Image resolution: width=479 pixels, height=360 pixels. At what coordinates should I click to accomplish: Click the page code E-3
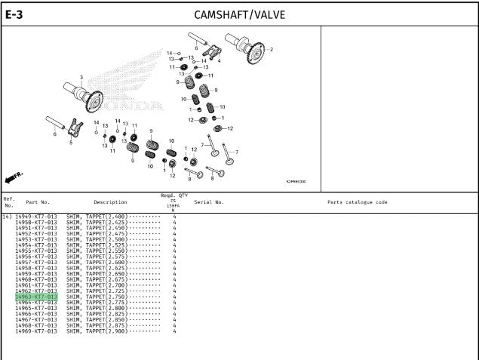pos(16,14)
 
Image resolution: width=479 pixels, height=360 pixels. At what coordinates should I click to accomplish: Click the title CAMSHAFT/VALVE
pos(239,14)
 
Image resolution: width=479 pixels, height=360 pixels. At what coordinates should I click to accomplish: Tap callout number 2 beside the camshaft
pos(272,50)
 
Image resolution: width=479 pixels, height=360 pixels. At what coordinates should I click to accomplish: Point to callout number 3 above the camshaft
pos(82,78)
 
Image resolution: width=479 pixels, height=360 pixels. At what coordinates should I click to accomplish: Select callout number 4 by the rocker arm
pos(219,60)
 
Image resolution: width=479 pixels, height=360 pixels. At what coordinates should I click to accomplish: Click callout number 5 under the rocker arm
pos(70,141)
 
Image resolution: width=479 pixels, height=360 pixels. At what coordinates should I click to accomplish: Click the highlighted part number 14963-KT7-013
pos(36,297)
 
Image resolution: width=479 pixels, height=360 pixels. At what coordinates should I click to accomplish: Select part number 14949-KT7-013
pos(36,217)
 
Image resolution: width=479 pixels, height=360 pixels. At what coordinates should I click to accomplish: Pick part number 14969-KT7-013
pos(36,331)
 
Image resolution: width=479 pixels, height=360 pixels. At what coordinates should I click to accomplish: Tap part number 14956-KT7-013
pos(36,257)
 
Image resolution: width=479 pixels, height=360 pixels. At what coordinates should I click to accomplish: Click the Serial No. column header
pos(209,202)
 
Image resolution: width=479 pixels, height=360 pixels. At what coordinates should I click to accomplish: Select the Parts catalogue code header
pos(358,202)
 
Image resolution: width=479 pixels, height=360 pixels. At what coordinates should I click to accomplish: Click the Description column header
pos(110,202)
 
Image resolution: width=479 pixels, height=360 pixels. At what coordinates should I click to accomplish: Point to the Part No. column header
pos(38,202)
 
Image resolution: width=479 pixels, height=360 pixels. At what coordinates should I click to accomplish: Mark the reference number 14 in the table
pos(7,217)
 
